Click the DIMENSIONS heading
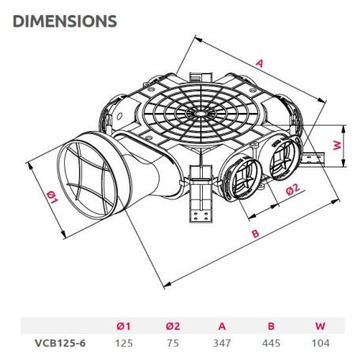pos(65,21)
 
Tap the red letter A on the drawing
pos(260,63)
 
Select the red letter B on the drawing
pos(256,234)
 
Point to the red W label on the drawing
pos(337,146)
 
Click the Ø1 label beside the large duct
pos(52,197)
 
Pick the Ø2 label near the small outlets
pos(293,189)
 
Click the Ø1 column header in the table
pos(123,326)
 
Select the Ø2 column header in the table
pos(173,326)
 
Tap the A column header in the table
pos(222,326)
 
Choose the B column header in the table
pos(271,326)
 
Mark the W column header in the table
pos(321,326)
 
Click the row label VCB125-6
pos(60,343)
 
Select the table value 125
pos(124,343)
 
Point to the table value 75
pos(173,343)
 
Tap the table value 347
pos(222,343)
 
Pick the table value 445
pos(271,343)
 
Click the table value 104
pos(321,343)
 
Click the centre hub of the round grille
pos(201,114)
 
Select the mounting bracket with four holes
pos(201,193)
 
